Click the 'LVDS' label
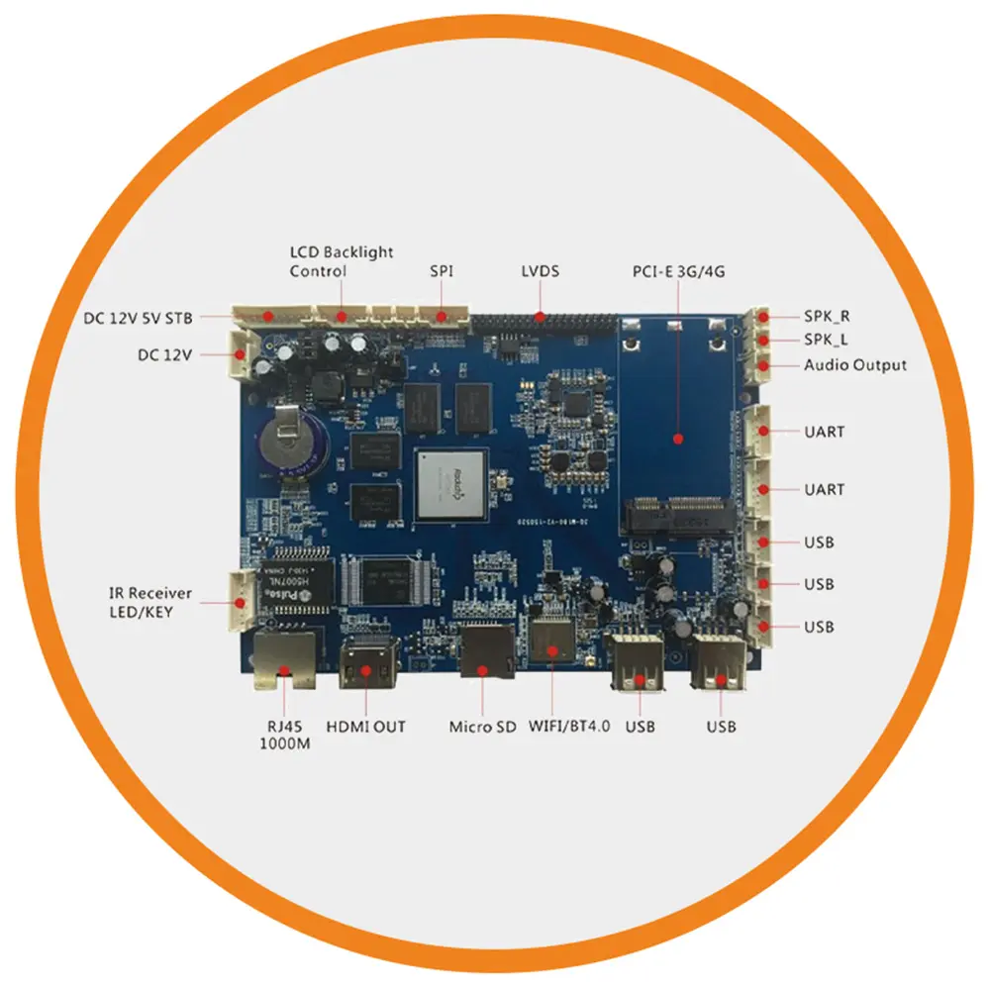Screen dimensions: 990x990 click(540, 270)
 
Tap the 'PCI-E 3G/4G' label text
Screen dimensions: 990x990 click(678, 270)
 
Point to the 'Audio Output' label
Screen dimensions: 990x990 click(854, 365)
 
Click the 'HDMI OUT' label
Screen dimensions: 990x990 click(365, 727)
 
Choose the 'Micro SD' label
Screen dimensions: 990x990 click(482, 727)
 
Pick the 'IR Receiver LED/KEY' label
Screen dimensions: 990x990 click(149, 603)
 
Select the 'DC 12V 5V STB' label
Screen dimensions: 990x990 click(139, 318)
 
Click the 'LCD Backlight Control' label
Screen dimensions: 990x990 click(341, 261)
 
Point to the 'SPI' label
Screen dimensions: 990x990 click(442, 270)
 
